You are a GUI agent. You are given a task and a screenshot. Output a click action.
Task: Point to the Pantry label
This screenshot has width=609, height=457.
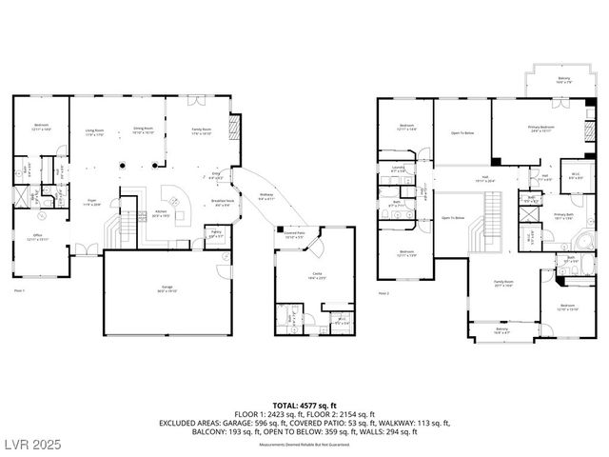216,232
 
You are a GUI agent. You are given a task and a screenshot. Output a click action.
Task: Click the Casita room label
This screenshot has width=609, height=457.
315,273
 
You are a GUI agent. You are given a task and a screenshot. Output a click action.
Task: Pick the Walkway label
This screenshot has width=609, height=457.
265,197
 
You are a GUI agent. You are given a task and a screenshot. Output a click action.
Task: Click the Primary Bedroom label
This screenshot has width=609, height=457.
541,127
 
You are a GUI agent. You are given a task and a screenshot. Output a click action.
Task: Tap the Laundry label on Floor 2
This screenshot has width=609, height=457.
398,169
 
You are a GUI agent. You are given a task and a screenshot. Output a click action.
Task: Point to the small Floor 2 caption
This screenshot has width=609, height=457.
383,293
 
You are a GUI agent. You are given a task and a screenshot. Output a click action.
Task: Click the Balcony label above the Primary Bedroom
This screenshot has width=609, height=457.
562,80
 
